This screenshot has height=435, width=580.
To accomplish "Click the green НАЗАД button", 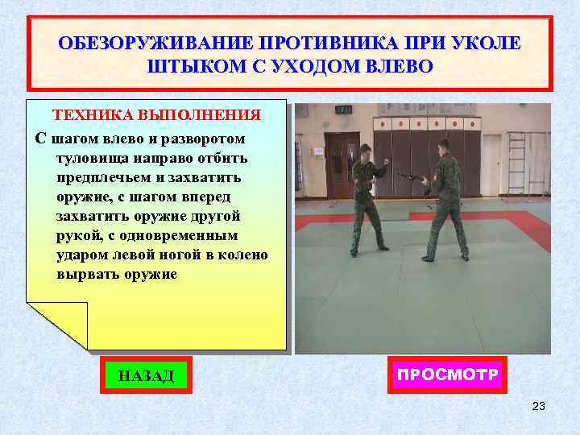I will pos(146,375).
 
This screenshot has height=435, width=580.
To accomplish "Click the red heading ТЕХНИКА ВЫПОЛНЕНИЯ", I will pos(156,115).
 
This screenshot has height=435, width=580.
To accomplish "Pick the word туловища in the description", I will pos(89,157).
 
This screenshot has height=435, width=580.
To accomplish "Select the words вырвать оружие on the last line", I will pos(116,274).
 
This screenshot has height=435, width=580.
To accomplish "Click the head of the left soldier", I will pos(365,150).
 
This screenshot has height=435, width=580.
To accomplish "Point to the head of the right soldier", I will pos(443,145).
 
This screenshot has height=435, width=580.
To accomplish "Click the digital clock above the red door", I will pos(344,109).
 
